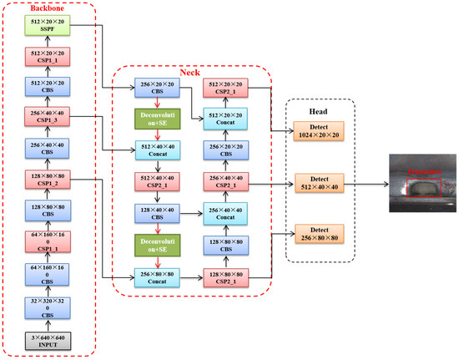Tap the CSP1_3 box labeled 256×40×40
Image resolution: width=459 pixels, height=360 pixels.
[47, 116]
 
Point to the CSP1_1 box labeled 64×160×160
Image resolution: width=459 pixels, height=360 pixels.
[47, 242]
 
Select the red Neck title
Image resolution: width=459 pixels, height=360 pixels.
[190, 74]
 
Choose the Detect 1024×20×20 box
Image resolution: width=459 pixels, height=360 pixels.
[317, 130]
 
